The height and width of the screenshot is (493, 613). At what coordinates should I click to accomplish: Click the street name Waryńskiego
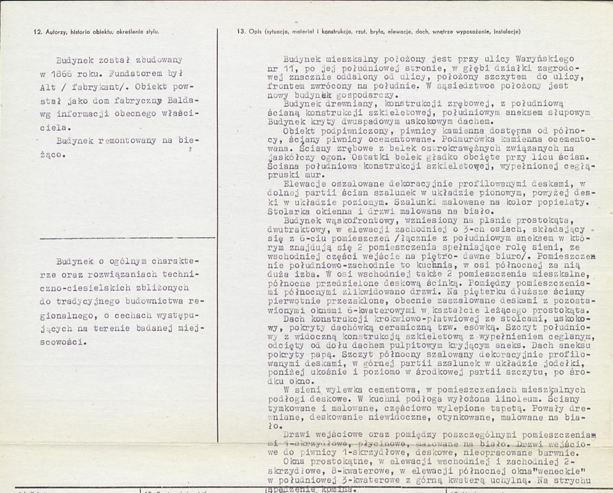point(532,59)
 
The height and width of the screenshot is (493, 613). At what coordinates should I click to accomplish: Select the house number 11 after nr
point(288,68)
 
